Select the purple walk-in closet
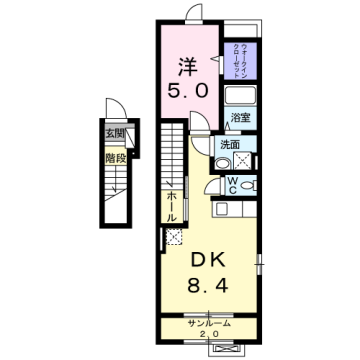(x=241, y=61)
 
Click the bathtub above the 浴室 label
(x=240, y=97)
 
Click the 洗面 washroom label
(x=231, y=144)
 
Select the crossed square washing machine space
(x=175, y=237)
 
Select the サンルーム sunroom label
(x=207, y=324)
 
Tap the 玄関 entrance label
(x=119, y=132)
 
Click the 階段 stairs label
(x=119, y=156)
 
